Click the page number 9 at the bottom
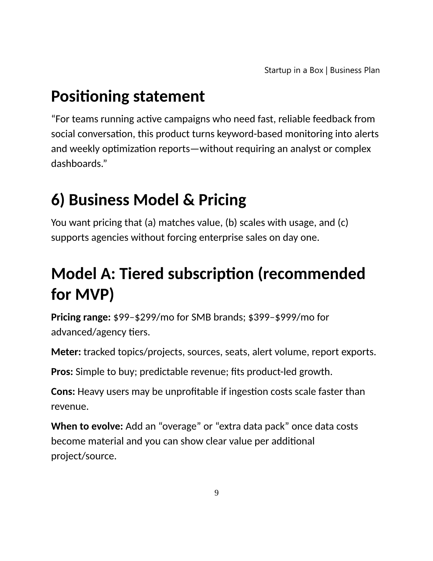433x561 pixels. click(x=216, y=493)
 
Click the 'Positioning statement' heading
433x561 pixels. click(x=128, y=96)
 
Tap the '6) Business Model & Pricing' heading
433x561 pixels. click(x=149, y=200)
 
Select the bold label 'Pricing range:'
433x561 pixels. click(x=81, y=317)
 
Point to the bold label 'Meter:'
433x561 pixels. click(x=66, y=352)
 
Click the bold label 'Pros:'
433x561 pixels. click(x=62, y=372)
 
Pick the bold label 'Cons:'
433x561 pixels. click(x=63, y=392)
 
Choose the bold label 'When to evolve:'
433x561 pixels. click(x=87, y=426)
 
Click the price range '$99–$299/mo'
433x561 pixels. click(x=144, y=317)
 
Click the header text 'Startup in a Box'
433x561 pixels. click(x=294, y=70)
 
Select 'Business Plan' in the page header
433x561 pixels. click(x=355, y=70)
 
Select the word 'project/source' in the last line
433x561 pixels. click(x=83, y=456)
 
